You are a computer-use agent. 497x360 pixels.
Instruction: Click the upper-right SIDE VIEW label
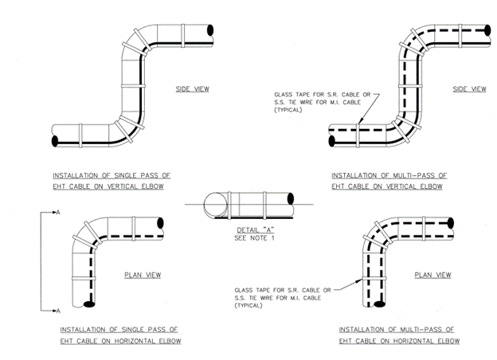(x=469, y=88)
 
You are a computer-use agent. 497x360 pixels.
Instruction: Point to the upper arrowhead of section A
(x=57, y=213)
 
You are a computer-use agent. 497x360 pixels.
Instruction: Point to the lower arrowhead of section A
(x=57, y=309)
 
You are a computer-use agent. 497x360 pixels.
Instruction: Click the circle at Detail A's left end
(x=213, y=205)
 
